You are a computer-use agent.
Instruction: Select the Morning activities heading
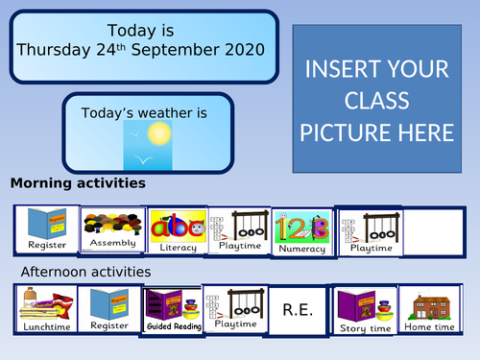click(78, 182)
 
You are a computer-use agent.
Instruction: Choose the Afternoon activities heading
click(85, 272)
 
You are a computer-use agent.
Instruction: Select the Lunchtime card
click(44, 309)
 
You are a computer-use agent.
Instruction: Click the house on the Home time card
click(429, 304)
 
